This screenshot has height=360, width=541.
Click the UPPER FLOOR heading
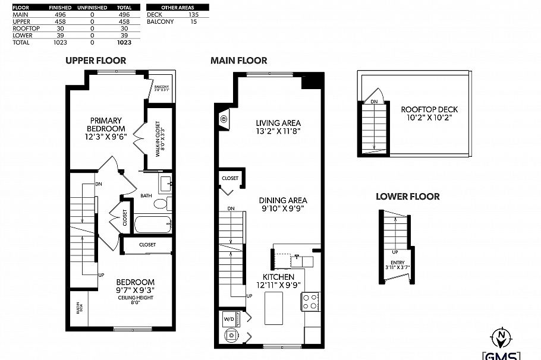click(x=96, y=60)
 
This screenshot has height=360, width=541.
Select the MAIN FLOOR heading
click(x=238, y=60)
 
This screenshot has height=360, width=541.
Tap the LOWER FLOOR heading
click(x=407, y=197)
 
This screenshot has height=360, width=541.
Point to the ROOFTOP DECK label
click(x=429, y=109)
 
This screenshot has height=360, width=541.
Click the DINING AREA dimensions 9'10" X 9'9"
click(x=282, y=209)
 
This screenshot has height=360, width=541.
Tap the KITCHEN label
click(x=278, y=277)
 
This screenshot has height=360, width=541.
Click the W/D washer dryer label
click(x=228, y=319)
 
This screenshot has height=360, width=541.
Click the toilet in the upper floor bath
click(x=161, y=204)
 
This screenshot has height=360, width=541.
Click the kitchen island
click(x=274, y=309)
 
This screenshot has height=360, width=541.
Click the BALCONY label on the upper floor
click(x=162, y=87)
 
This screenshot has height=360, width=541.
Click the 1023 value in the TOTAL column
click(x=124, y=43)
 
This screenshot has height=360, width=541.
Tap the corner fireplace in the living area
click(x=224, y=119)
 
